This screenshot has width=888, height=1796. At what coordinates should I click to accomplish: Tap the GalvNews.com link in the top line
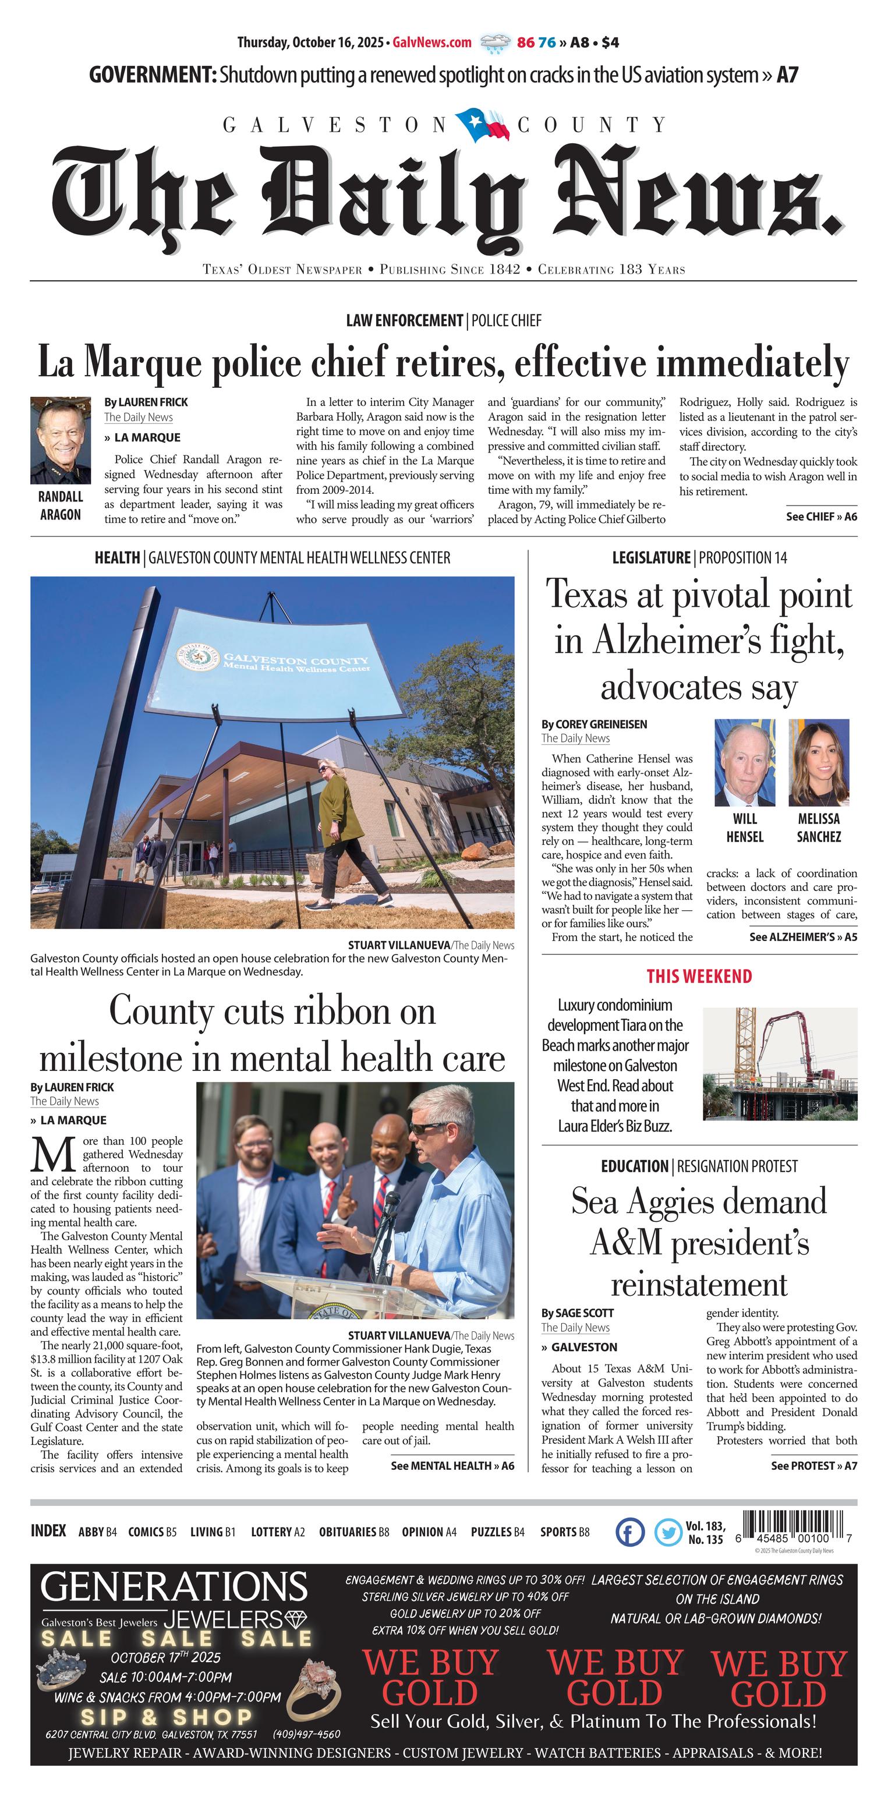[432, 43]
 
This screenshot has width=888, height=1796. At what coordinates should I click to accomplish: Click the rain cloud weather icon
[495, 43]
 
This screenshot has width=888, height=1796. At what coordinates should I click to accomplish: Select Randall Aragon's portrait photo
[61, 441]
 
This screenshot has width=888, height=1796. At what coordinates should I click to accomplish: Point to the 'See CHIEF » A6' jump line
[821, 517]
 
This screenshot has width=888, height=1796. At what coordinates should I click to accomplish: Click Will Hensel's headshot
[744, 762]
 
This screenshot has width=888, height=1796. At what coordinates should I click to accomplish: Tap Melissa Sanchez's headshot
[818, 762]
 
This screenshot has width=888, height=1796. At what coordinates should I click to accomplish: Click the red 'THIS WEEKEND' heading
[699, 976]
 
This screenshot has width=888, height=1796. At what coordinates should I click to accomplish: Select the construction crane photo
[780, 1063]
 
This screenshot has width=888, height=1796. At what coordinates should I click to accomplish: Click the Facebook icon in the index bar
[630, 1532]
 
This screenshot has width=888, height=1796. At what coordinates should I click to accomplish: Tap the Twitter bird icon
[668, 1532]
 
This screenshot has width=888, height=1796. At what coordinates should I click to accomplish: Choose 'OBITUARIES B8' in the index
[354, 1532]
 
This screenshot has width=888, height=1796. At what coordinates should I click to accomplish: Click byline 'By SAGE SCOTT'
[577, 1313]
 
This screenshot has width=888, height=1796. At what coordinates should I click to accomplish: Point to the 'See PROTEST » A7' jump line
[813, 1466]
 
